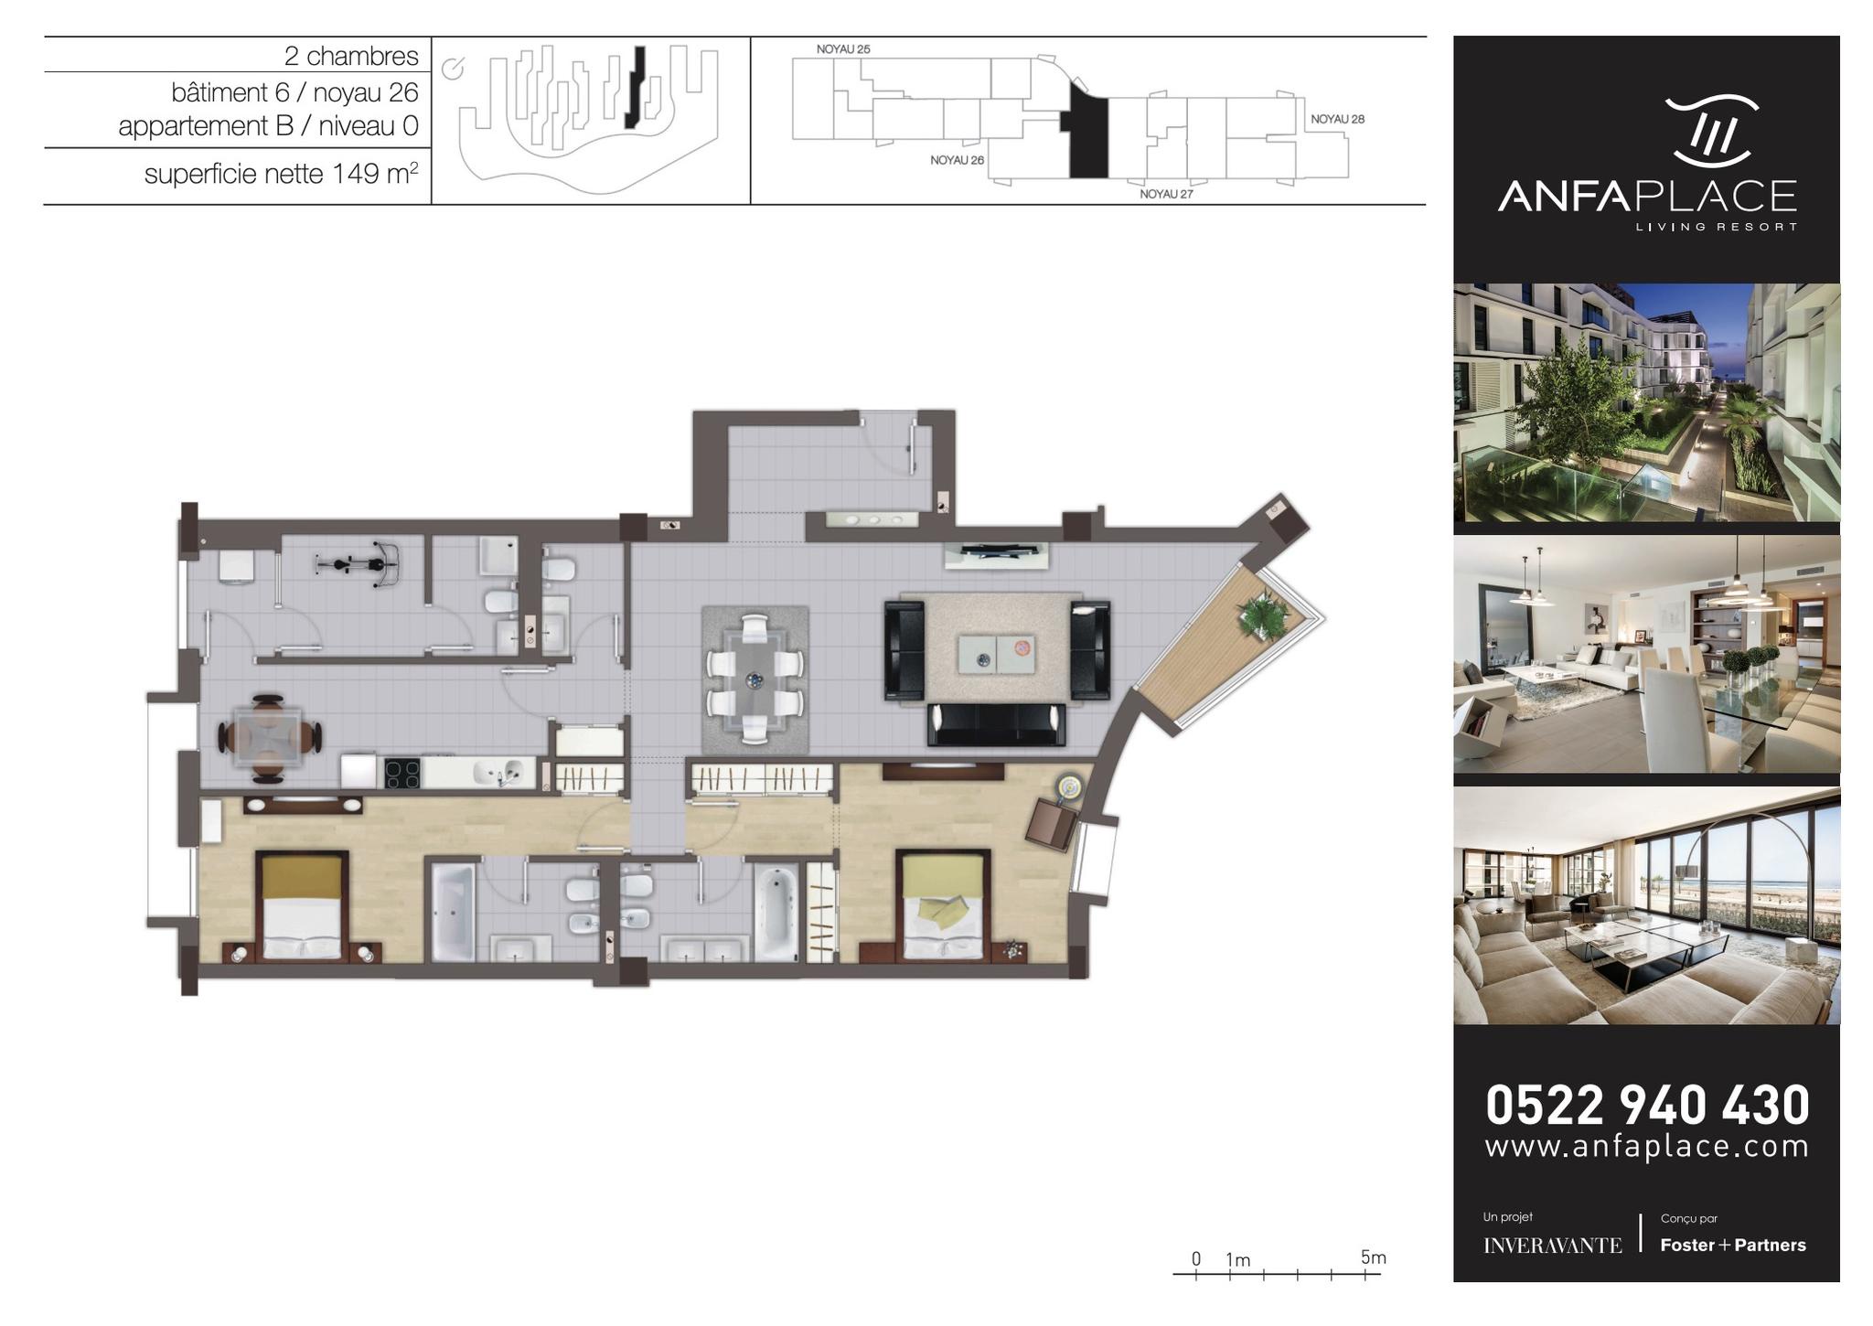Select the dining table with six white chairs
click(x=755, y=678)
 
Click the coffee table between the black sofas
click(x=996, y=654)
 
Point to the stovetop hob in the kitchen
click(x=402, y=774)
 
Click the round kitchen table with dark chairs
click(x=269, y=738)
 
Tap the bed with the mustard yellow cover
click(x=303, y=905)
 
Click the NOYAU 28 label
click(x=1337, y=119)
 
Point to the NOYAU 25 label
click(x=843, y=49)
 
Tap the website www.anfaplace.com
click(x=1647, y=1147)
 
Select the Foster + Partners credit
click(x=1733, y=1245)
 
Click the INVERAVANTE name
click(x=1552, y=1246)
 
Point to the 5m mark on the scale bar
click(x=1374, y=1257)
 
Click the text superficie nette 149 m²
click(x=282, y=173)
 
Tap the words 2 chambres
click(x=351, y=56)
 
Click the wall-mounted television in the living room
click(x=997, y=551)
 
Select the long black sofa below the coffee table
click(x=997, y=725)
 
